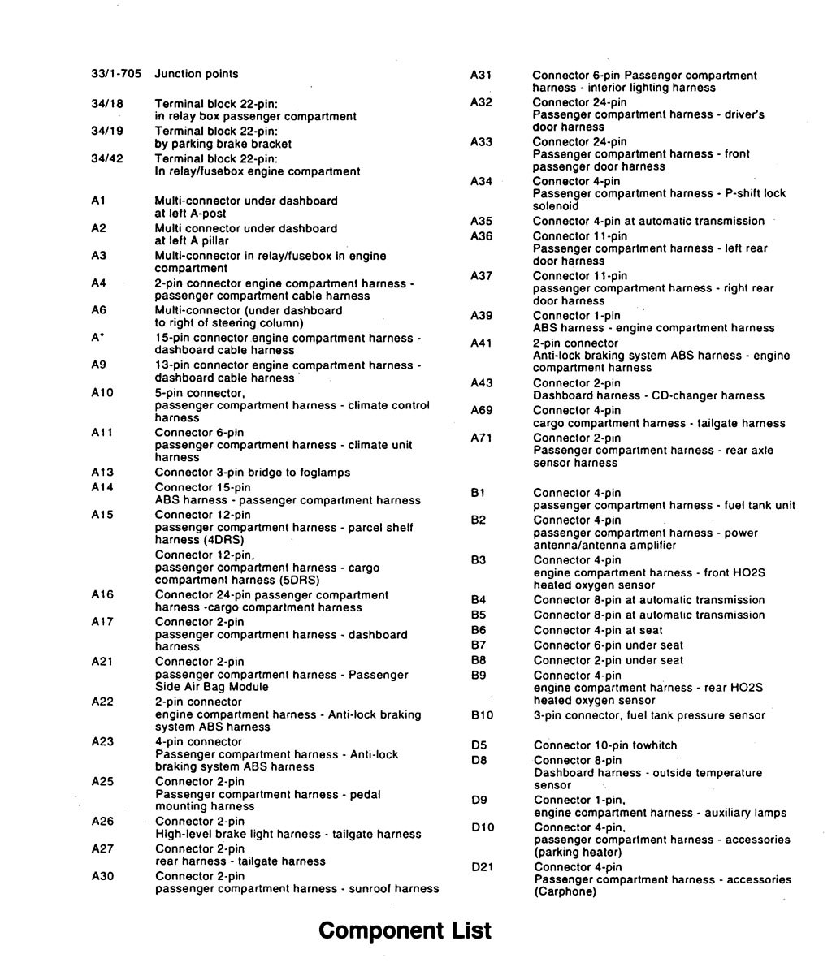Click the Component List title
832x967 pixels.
(405, 930)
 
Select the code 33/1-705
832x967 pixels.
(116, 74)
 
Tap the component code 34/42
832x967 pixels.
(107, 158)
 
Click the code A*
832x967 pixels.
(97, 338)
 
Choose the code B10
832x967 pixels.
(482, 715)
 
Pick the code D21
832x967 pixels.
(483, 867)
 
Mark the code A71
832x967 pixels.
(482, 438)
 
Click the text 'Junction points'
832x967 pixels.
(197, 74)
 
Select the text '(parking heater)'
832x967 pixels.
(578, 853)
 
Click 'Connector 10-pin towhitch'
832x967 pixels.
(605, 745)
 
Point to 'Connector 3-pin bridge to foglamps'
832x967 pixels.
(253, 473)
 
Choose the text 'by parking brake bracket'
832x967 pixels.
(223, 144)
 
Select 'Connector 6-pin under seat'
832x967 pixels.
(609, 645)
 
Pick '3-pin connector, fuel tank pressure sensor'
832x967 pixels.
(649, 715)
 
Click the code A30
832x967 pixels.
(102, 876)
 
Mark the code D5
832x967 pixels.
(479, 745)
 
